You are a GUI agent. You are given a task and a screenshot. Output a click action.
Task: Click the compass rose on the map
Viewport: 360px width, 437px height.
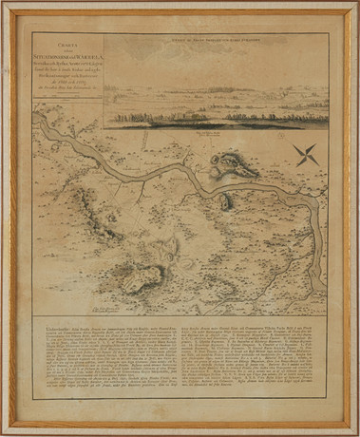pos(306,155)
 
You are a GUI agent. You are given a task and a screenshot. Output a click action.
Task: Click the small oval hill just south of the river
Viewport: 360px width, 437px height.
pos(226,201)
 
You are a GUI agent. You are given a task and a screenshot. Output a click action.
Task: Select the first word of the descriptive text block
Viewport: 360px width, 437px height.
pos(51,326)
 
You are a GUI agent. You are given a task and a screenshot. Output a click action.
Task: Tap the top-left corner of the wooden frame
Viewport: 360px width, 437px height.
pos(4,4)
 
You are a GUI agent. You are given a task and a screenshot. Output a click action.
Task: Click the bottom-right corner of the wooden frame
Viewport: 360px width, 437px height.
pos(355,432)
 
